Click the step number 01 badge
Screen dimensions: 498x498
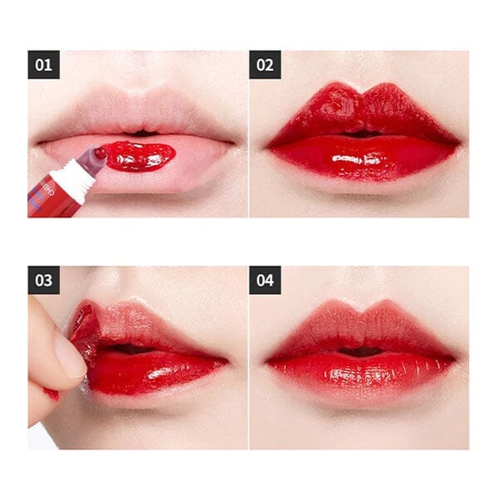43,64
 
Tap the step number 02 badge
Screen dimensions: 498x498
265,64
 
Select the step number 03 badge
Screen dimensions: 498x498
43,280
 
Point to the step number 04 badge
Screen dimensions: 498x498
265,280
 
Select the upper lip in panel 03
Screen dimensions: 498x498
149,328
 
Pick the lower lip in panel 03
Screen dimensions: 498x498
154,373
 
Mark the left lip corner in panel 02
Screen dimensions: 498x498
268,145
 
